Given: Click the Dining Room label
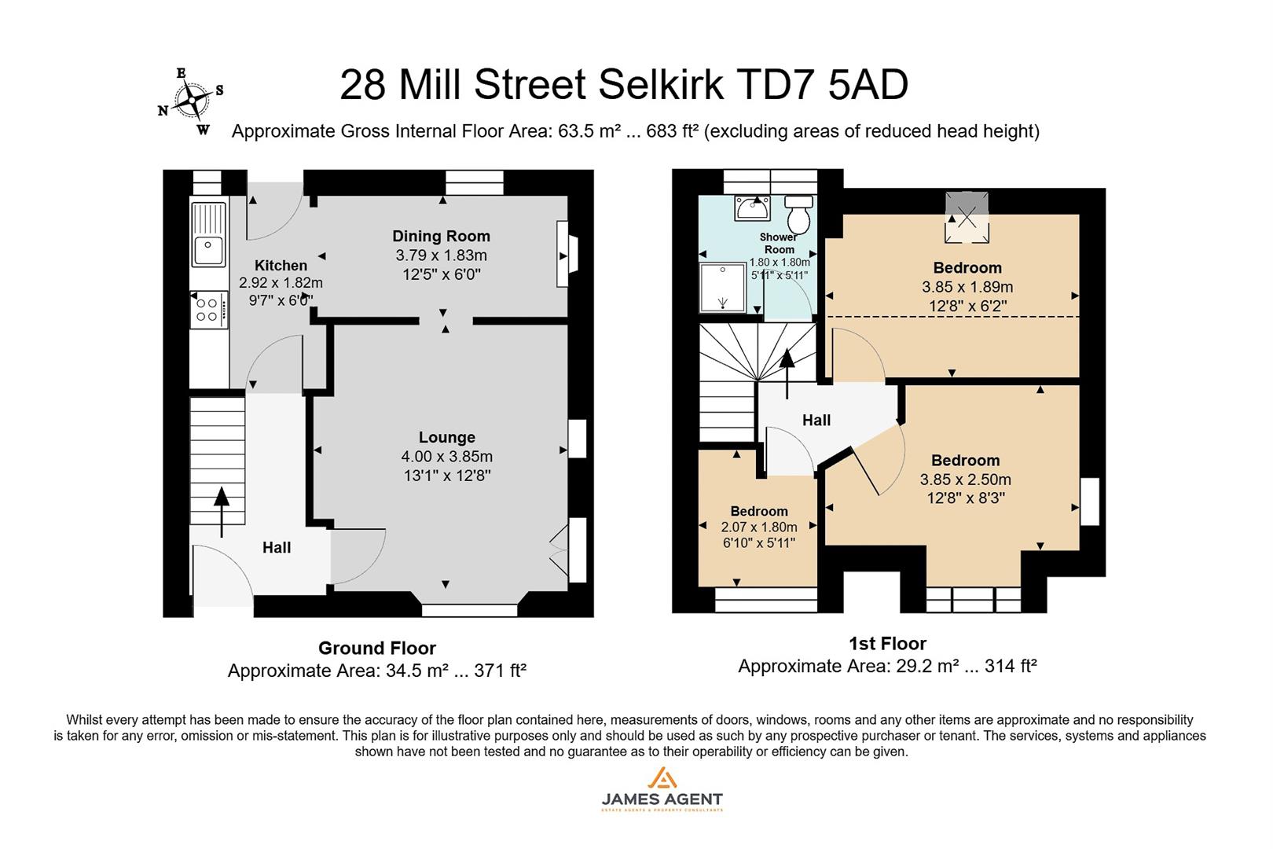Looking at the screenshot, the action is coord(441,236).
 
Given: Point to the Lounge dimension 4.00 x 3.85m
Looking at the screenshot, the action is coord(446,456).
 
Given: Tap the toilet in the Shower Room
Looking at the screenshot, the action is coord(799,212).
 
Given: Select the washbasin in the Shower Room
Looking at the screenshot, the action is coord(753,208).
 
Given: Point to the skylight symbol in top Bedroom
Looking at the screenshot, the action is coord(967,217).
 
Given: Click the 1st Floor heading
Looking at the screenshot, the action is coord(887,643).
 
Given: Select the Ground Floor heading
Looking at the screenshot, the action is coord(376,648).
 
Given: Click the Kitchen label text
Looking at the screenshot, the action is coord(281,266).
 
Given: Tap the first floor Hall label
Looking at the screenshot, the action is coord(816,421).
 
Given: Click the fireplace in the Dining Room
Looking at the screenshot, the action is coord(564,255).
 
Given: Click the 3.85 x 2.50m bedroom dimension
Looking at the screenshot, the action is coord(965,479).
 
